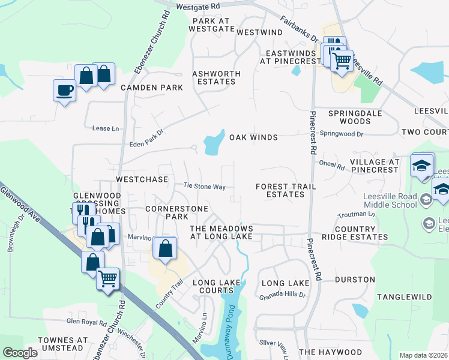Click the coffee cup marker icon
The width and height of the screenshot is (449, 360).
tap(64, 91)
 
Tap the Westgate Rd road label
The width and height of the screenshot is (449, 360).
tap(199, 5)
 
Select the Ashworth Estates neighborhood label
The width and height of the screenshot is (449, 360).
tap(216, 77)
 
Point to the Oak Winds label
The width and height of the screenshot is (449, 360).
tap(253, 137)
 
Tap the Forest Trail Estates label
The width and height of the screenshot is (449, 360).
tap(285, 190)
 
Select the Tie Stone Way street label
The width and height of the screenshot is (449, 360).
tap(204, 187)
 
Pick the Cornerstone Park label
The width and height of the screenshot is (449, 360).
tap(177, 212)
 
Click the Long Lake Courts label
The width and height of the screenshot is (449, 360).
tap(216, 286)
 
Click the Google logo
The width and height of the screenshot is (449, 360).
tap(20, 353)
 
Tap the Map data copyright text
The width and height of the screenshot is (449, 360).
tap(423, 355)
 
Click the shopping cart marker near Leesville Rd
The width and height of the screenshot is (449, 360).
tap(342, 60)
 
